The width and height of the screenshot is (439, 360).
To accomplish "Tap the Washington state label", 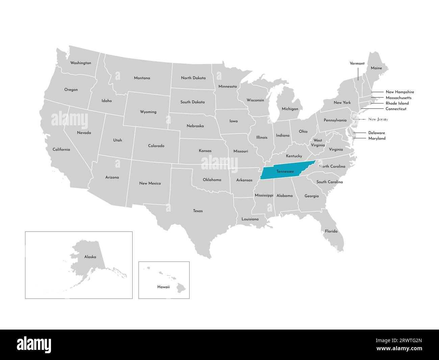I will pos(80,63).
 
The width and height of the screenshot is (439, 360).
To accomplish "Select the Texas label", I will pos(198,211).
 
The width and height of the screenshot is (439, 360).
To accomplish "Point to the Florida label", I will pos(331,231).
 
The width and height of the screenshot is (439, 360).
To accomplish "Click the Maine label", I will pos(376,68).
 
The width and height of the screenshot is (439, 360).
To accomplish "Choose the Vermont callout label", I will pos(357,63).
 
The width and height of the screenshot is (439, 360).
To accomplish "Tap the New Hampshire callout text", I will pos(399,92).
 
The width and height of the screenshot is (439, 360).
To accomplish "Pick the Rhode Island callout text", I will pos(397,103).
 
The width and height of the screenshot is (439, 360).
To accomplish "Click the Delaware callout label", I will pos(376,133).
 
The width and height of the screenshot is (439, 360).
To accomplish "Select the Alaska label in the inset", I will pos(90,257).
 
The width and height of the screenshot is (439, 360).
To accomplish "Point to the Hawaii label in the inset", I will pos(163,287).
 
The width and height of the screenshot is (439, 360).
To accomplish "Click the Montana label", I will pos(142,78).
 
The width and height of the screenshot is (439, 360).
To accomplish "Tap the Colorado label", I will pos(156,146).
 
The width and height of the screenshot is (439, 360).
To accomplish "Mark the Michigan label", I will pos(290,109).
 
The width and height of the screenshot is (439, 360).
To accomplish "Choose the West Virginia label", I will pos(318,143).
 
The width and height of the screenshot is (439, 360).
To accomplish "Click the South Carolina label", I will pos(329,182).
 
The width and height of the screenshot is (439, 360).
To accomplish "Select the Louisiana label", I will pos(250,219).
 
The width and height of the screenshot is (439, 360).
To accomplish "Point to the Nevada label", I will pos(84,133).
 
